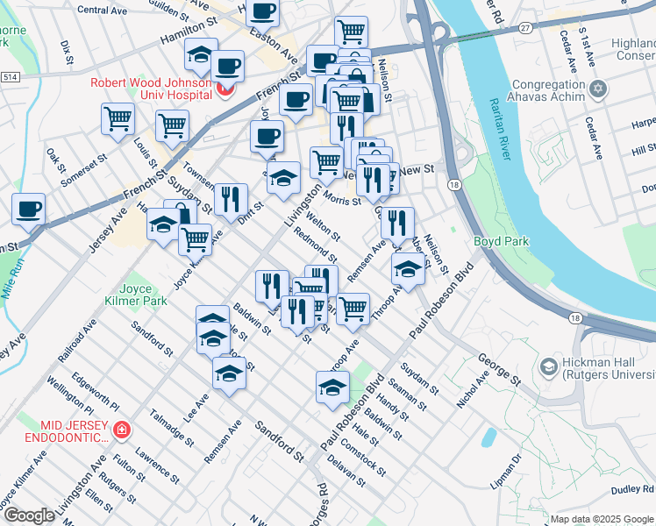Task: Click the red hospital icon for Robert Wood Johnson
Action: point(225,89)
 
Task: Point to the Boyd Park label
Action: point(497,240)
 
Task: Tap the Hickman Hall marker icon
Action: point(549,366)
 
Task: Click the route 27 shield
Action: point(525,28)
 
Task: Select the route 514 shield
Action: point(10,78)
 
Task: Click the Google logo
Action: point(29,515)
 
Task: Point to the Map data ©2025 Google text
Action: point(602,519)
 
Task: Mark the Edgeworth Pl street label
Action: point(89,392)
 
